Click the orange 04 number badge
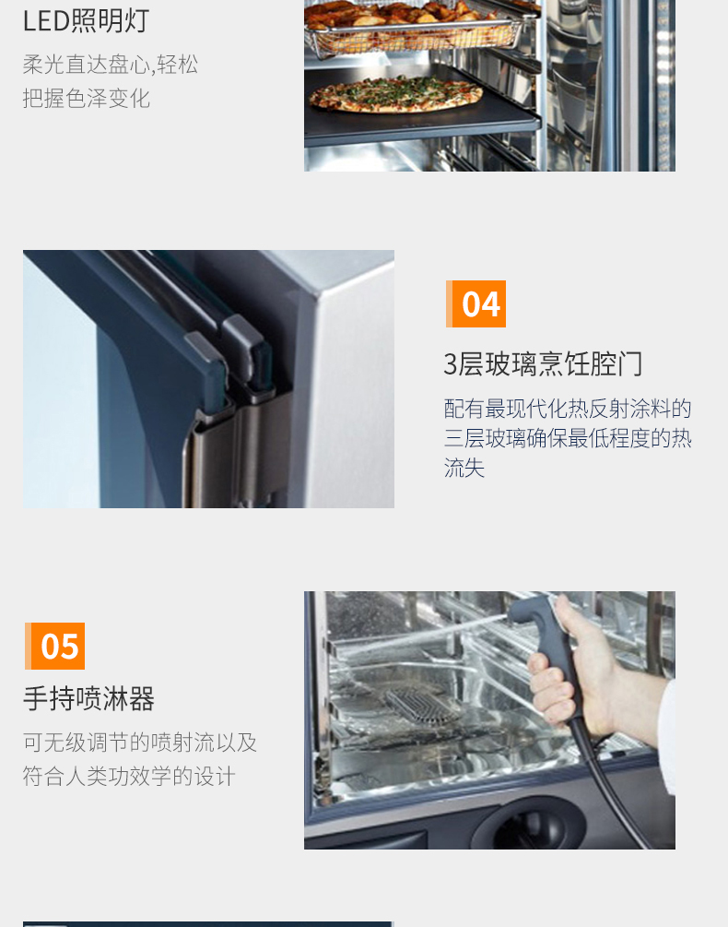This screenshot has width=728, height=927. coord(476,303)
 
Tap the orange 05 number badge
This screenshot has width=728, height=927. coord(55,646)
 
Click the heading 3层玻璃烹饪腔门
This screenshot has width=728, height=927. coord(543,363)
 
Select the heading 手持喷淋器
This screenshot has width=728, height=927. coord(88,699)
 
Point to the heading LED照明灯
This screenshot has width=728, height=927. coord(87,20)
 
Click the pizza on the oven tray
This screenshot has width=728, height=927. coord(395,93)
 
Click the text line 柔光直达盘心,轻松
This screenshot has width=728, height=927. coord(111,65)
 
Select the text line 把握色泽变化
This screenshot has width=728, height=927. coord(87,99)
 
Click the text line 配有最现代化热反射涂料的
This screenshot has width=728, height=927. coord(568,409)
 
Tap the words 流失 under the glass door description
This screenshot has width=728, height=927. coord(464,468)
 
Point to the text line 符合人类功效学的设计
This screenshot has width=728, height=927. coord(129,777)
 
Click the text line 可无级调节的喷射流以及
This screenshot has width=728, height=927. coord(140,743)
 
